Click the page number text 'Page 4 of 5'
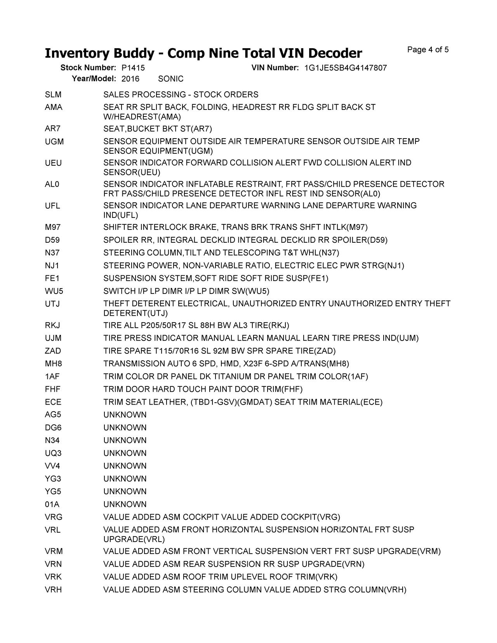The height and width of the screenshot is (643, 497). [428, 50]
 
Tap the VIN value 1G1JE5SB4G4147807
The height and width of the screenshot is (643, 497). [346, 68]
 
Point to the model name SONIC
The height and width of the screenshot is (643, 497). [171, 79]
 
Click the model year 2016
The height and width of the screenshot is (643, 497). [130, 79]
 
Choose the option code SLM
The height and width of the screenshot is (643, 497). [53, 95]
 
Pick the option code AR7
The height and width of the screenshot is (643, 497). [53, 129]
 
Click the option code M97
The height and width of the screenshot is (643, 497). [53, 227]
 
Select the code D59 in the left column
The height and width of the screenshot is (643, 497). [52, 240]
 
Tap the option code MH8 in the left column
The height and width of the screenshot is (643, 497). [54, 364]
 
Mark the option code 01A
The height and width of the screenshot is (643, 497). [52, 504]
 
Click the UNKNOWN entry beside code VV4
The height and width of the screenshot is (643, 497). [125, 466]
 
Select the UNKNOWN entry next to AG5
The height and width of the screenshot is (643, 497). [125, 415]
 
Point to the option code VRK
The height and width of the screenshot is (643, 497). [54, 577]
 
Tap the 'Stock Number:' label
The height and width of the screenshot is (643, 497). [88, 68]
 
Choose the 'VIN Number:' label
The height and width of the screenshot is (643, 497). [275, 68]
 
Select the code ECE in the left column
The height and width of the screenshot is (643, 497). [53, 402]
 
